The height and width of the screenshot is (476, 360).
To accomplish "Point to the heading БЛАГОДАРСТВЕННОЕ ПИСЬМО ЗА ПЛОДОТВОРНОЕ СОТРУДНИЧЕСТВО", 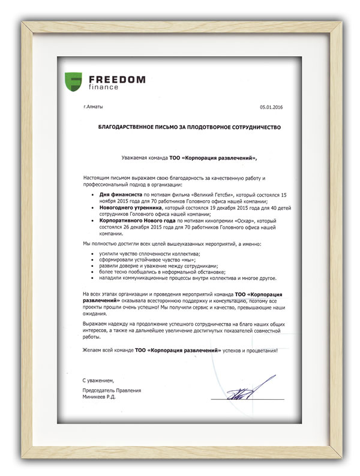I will click(190, 128).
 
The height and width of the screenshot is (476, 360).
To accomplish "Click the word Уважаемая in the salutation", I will click(135, 158).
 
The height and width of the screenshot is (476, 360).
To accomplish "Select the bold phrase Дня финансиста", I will click(120, 195).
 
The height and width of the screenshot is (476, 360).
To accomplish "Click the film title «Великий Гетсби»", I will click(217, 195).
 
